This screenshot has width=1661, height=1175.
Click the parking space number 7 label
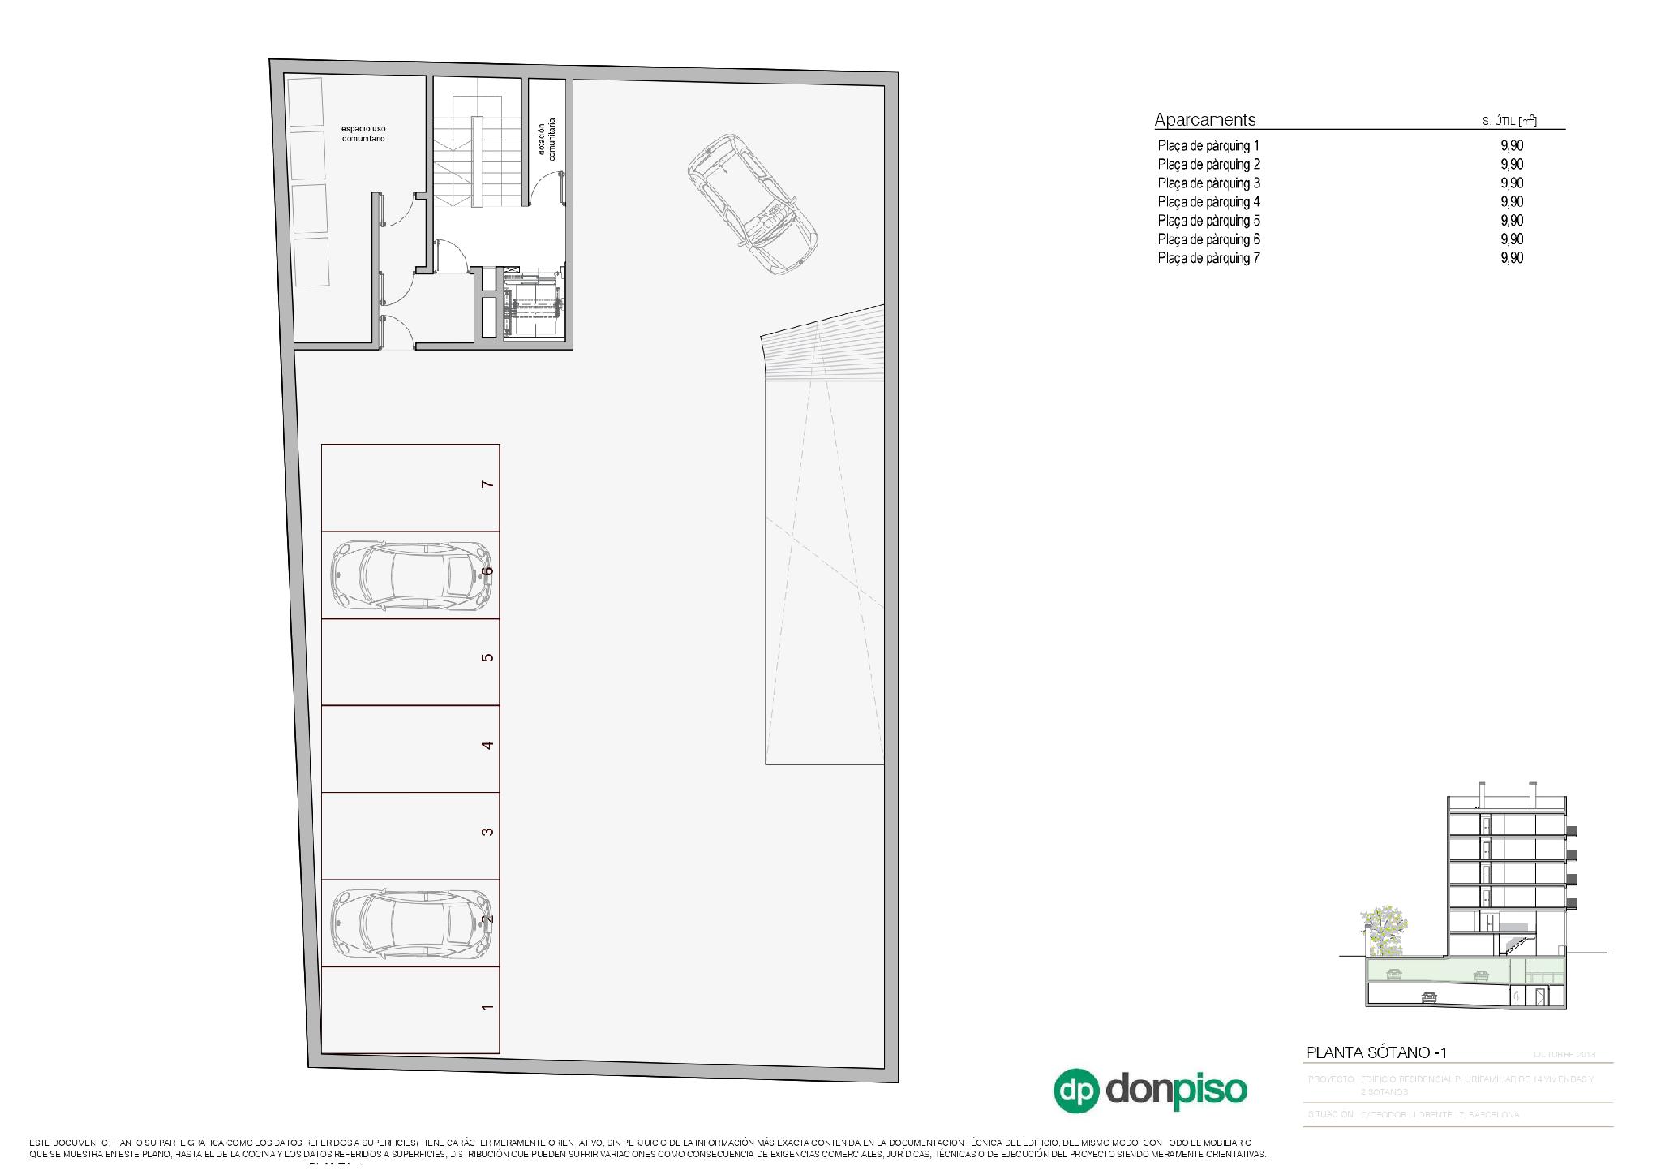click(487, 484)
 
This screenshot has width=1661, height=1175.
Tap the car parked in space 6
click(411, 575)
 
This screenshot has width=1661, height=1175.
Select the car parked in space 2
click(411, 923)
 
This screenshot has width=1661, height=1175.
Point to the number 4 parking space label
click(487, 745)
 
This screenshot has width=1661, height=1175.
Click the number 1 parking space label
click(487, 1007)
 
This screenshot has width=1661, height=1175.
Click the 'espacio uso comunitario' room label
click(363, 134)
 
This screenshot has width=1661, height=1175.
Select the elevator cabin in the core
click(532, 308)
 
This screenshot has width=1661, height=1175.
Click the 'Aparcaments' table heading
click(1204, 120)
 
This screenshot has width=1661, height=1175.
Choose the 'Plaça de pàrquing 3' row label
click(1208, 183)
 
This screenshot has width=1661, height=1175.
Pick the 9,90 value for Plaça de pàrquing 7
click(1511, 258)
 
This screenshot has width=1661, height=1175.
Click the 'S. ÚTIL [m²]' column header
click(1509, 122)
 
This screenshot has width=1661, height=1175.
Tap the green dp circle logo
click(1075, 1090)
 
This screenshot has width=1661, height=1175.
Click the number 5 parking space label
click(487, 657)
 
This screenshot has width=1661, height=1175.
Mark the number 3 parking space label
click(487, 832)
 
